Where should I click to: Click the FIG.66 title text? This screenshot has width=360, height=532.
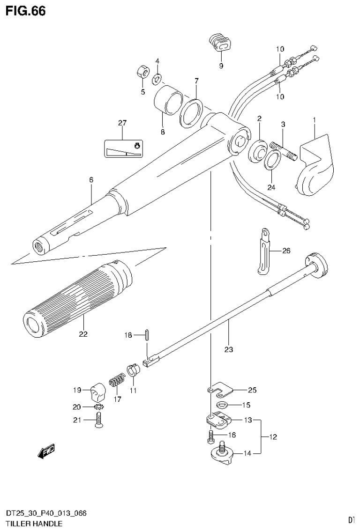point(25,11)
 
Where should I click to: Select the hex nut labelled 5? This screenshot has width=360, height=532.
point(142,72)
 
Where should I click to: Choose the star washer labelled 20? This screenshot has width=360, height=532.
point(98,406)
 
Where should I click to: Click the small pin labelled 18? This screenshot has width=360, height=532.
point(147,335)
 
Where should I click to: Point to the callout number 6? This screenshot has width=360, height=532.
point(91,179)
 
